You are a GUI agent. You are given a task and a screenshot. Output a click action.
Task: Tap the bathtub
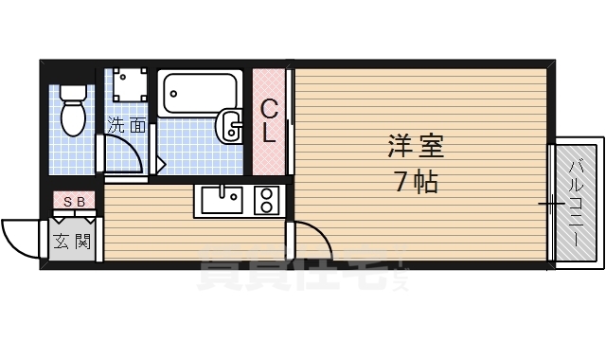199,93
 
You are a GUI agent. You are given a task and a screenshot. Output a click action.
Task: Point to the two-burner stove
266,201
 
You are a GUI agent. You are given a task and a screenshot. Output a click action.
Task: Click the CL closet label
269,120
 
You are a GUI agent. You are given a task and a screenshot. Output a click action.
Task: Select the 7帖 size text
417,182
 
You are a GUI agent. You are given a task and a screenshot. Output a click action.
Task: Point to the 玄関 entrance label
72,241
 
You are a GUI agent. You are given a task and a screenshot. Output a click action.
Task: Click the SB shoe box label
74,201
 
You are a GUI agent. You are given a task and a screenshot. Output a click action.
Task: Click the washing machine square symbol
126,84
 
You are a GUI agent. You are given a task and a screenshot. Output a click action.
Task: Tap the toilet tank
73,94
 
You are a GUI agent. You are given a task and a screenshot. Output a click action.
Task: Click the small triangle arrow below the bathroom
161,164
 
